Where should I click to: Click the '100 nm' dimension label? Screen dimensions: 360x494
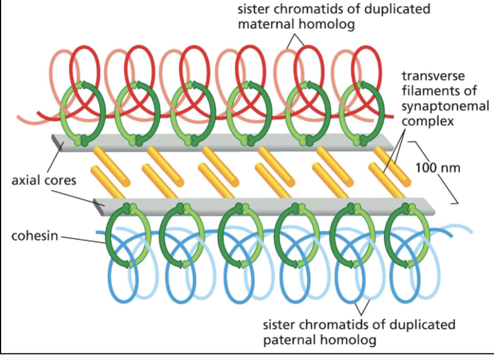[x=438, y=167]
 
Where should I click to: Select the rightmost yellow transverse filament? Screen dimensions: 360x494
[x=393, y=167]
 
